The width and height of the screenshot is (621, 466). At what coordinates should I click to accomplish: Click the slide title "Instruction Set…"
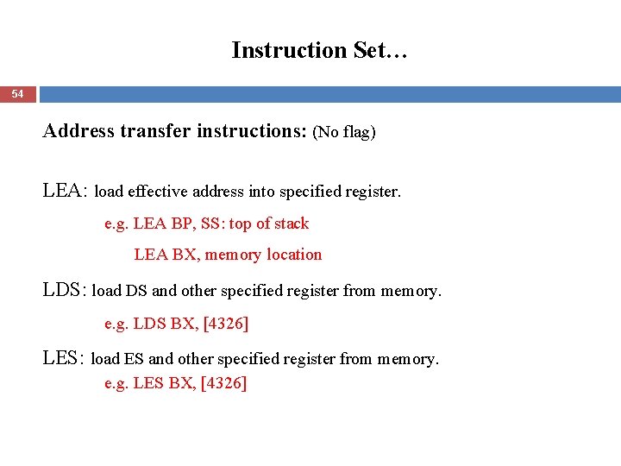coord(319,50)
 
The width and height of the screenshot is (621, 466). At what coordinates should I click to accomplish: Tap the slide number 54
coord(18,93)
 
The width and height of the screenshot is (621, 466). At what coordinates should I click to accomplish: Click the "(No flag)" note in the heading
coord(344,132)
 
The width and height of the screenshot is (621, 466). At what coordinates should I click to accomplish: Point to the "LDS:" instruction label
coord(65,291)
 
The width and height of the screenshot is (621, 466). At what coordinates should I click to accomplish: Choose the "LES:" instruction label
coord(64,358)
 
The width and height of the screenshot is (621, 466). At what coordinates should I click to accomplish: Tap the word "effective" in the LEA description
coord(159,192)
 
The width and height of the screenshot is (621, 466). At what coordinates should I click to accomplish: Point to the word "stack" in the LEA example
coord(291,224)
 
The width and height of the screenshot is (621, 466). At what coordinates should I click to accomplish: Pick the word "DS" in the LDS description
coord(136,292)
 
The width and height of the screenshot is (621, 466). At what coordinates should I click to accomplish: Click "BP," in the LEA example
coord(183,224)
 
